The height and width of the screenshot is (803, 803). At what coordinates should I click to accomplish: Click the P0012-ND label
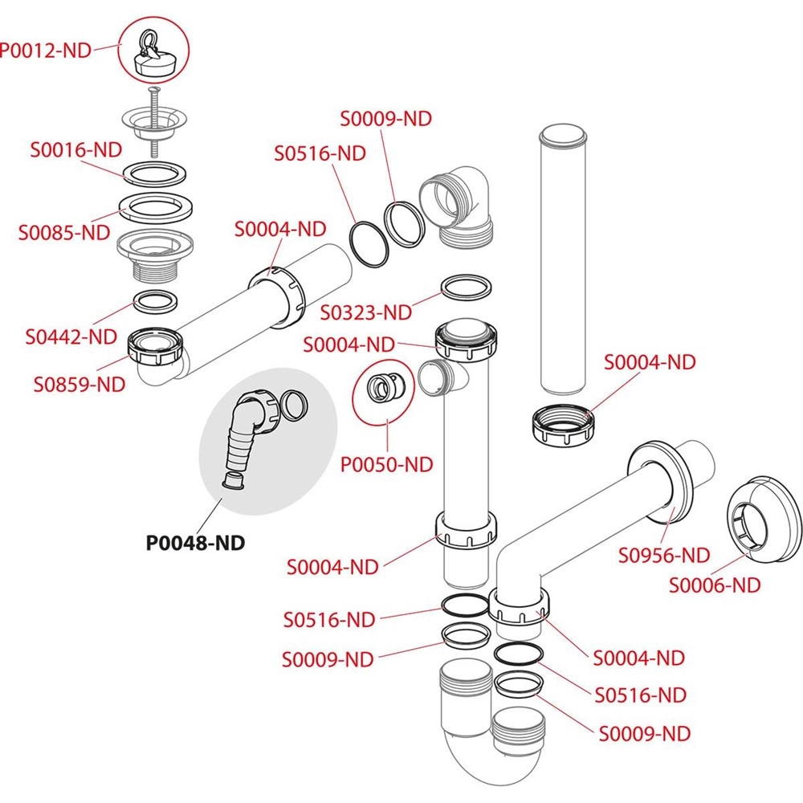[45, 50]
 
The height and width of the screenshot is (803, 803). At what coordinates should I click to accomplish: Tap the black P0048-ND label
[194, 542]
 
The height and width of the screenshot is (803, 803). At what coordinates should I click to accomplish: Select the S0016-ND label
[75, 149]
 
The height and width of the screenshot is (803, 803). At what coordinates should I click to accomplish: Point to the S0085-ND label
[64, 232]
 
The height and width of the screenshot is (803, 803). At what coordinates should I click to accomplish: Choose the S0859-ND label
[79, 383]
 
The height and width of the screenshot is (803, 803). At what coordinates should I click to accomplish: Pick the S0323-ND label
[365, 311]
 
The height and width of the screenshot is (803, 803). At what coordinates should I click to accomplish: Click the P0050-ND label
[387, 463]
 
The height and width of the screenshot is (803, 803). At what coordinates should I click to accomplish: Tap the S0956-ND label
[664, 554]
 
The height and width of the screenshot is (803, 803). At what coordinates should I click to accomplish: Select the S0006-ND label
[715, 585]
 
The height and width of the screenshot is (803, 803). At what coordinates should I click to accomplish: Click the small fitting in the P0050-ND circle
[385, 388]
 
